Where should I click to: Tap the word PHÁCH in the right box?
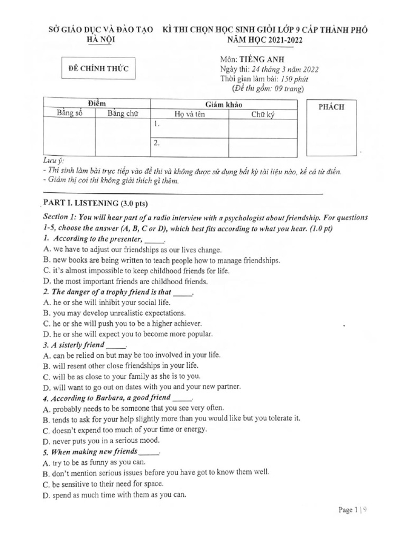coord(331,107)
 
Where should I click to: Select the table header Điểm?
coord(96,104)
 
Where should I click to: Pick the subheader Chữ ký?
coord(262,114)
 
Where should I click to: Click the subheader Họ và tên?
coord(189,114)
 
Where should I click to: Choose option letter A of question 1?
coord(47,249)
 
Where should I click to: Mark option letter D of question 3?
coord(47,386)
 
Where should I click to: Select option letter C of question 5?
coord(47,484)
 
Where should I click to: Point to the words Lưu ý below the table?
coord(52,161)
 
